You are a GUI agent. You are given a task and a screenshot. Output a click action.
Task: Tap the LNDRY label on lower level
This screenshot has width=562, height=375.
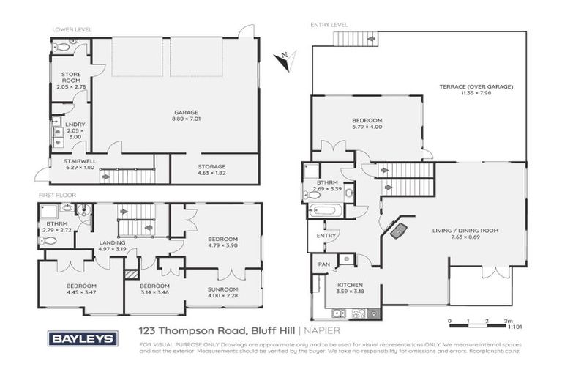75,125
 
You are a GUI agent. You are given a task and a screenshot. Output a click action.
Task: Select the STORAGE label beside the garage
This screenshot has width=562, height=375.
211,166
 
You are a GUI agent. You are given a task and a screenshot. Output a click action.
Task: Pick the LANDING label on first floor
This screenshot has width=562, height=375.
112,242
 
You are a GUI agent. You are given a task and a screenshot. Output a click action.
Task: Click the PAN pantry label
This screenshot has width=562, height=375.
322,263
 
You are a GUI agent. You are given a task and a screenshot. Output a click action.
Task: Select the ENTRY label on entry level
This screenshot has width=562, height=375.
326,236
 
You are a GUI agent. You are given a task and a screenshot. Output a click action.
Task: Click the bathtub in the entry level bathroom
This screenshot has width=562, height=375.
322,212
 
